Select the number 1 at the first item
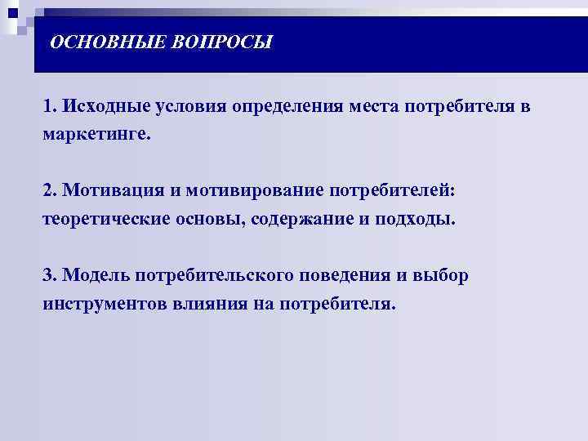(48, 107)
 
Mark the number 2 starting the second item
(48, 191)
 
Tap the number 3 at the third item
(48, 275)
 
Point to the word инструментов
(105, 303)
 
